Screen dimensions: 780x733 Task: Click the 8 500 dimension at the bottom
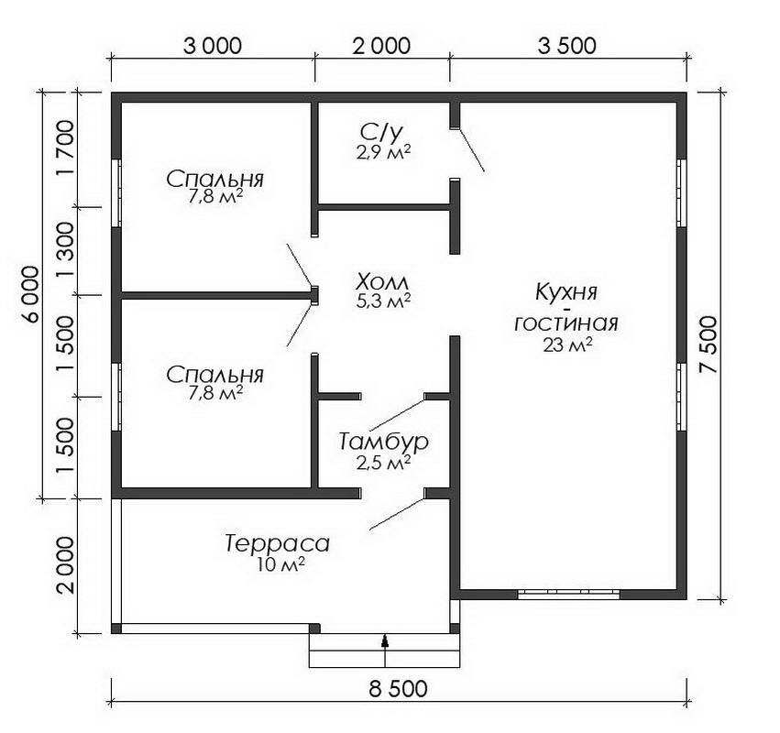[x=398, y=689]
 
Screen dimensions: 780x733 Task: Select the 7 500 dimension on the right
[x=709, y=345]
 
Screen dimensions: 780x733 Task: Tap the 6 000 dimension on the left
[x=30, y=295]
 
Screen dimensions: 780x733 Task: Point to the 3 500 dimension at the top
[x=566, y=46]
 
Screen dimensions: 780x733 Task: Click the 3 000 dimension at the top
[x=213, y=46]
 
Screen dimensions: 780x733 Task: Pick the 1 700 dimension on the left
[x=65, y=148]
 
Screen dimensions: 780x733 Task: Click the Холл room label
[x=382, y=283]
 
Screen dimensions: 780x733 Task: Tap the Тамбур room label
[x=383, y=442]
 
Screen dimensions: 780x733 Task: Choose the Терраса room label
[x=277, y=543]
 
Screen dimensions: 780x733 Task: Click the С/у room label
[x=381, y=132]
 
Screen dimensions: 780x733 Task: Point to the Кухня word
[x=566, y=292]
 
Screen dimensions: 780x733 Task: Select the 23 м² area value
[x=567, y=345]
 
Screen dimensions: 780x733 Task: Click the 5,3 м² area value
[x=383, y=301]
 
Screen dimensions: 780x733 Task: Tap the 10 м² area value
[x=281, y=564]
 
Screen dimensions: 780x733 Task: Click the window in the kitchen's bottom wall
[x=568, y=593]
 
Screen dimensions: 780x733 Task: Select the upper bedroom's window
[x=116, y=193]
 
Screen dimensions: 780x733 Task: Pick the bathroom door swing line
[x=470, y=150]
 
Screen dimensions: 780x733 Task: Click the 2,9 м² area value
[x=383, y=152]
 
